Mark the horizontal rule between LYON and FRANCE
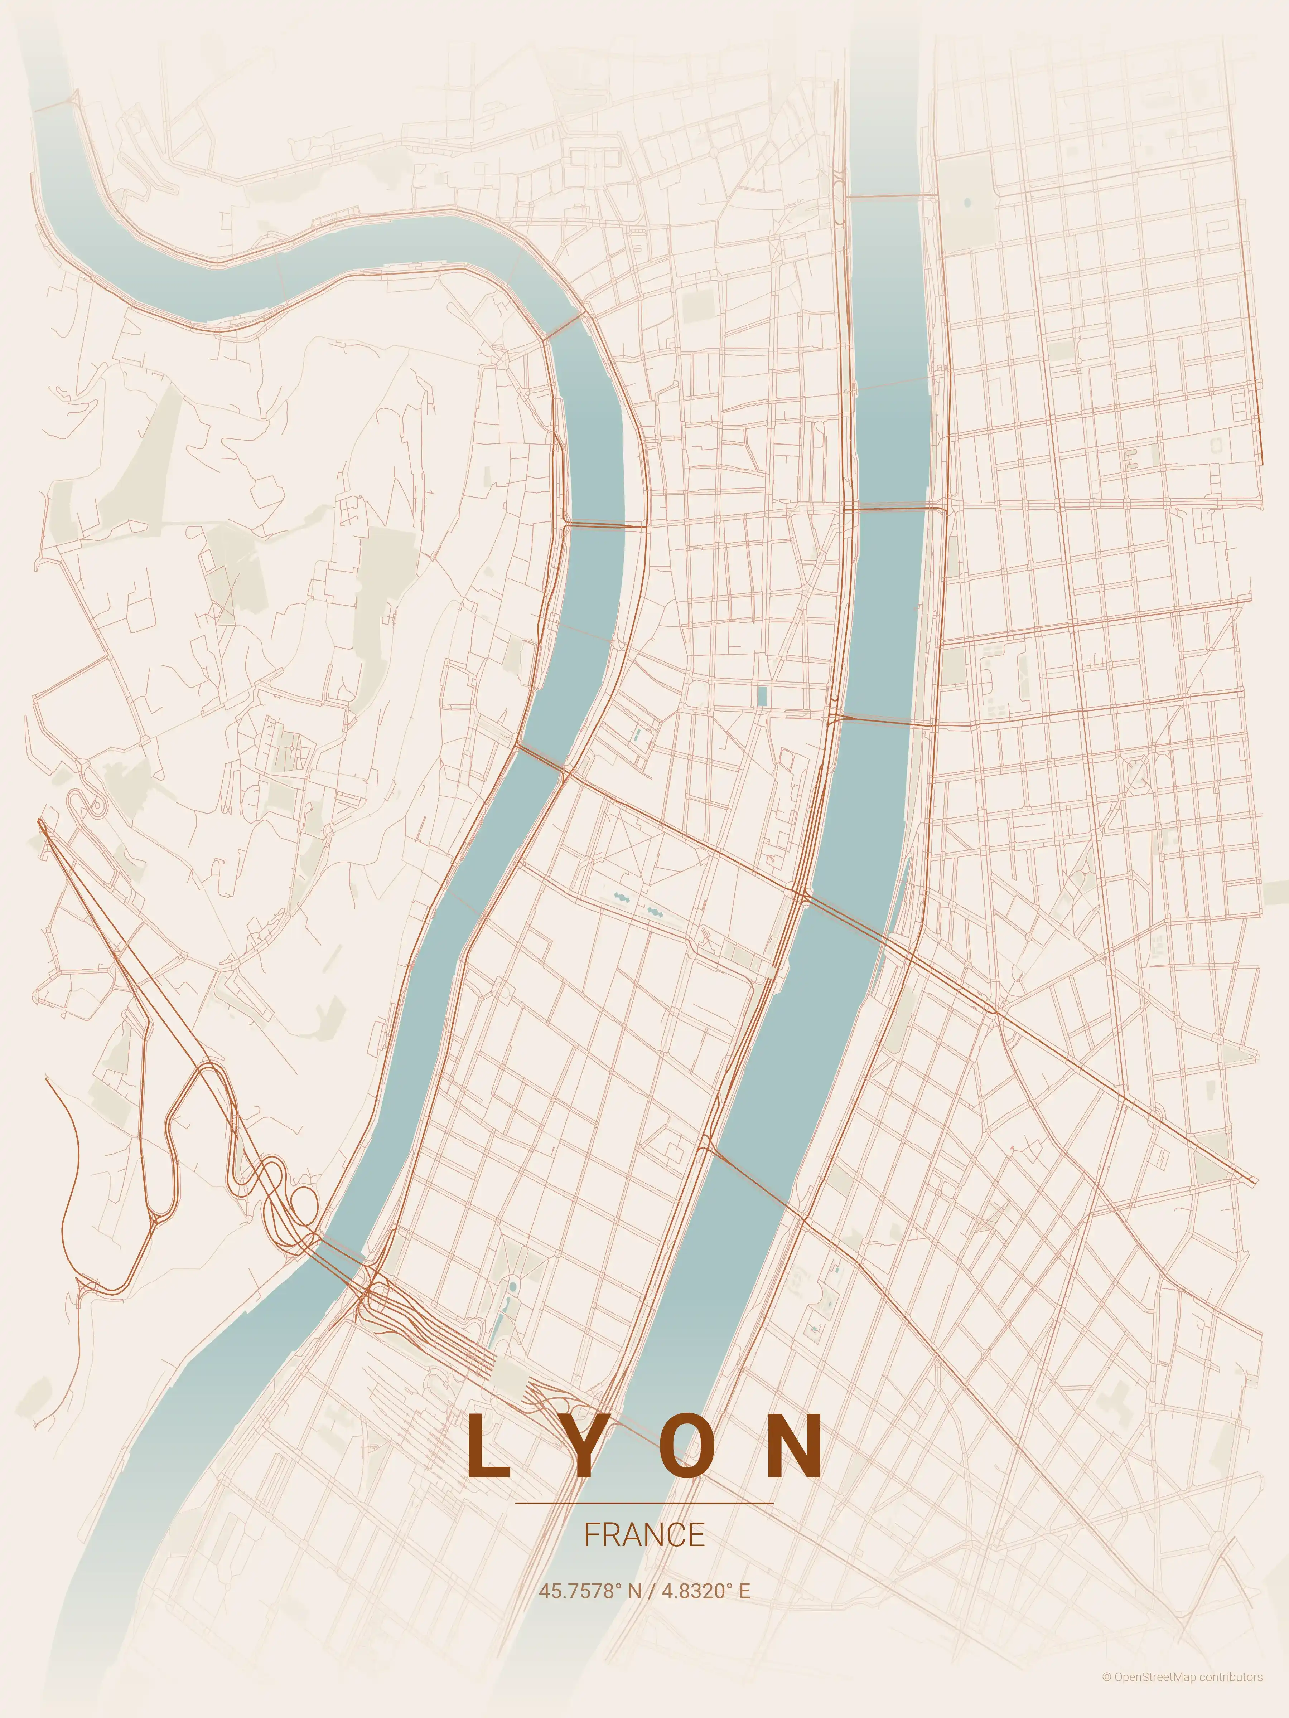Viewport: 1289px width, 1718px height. [644, 1503]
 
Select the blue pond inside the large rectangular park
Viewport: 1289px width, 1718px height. [967, 203]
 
